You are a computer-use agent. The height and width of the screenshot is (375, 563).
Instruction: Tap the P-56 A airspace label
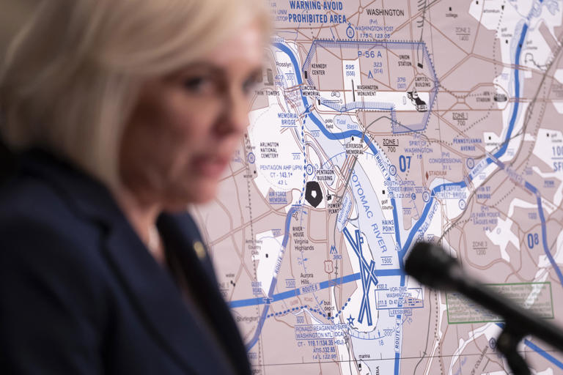[370, 54]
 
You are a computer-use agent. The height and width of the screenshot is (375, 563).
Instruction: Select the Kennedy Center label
[317, 70]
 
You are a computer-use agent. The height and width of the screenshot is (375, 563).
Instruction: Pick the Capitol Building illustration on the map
[416, 100]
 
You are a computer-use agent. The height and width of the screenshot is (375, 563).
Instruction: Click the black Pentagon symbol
[314, 194]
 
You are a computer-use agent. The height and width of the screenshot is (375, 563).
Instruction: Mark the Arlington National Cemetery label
[270, 149]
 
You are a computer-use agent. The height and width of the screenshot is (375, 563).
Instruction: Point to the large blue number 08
[533, 240]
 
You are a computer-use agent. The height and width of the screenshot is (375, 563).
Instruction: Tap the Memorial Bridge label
[288, 119]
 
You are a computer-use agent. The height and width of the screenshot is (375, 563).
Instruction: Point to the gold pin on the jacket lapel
[199, 249]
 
